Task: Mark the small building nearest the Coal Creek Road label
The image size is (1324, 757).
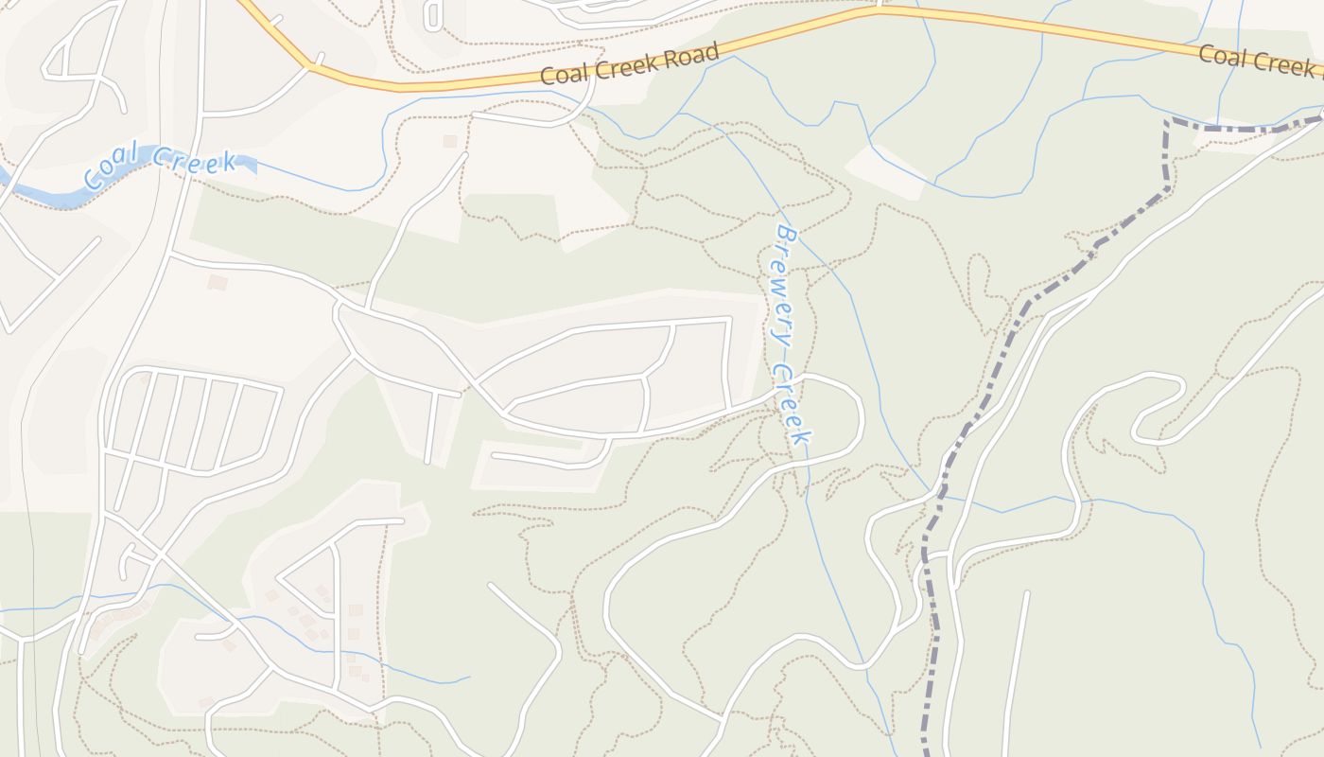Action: point(450,141)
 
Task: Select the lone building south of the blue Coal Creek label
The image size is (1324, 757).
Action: point(218,282)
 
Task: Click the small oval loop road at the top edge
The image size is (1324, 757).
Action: point(433,14)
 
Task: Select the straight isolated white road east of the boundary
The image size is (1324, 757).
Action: point(1015,672)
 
